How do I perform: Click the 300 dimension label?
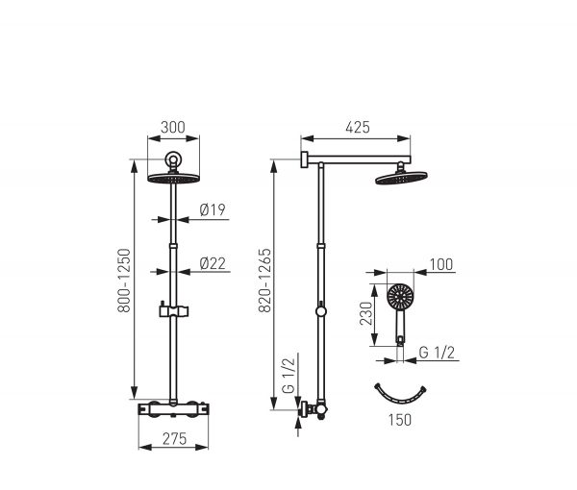tap(173, 127)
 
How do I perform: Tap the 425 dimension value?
tap(358, 127)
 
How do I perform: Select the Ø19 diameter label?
tap(213, 209)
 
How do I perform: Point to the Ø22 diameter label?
tap(213, 263)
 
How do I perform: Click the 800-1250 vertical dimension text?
tap(124, 281)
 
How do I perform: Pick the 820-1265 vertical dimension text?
tap(264, 281)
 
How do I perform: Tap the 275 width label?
tap(174, 438)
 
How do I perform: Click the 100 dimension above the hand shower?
tap(441, 264)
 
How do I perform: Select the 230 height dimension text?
tap(366, 313)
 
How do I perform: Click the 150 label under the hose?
tap(400, 420)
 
